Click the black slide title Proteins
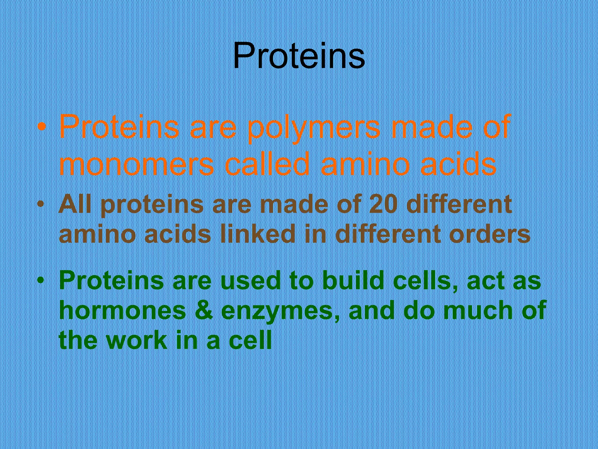[x=299, y=56]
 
